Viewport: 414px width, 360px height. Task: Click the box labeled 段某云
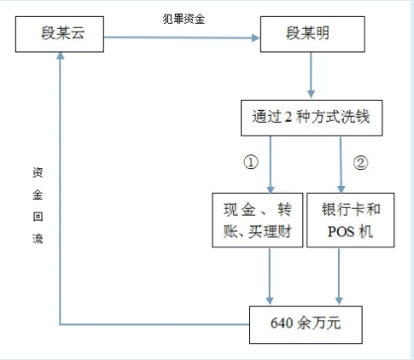60,34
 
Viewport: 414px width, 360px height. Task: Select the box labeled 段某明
312,34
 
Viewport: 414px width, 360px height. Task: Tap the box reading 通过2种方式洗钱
312,118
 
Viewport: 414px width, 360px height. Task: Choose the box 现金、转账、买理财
257,220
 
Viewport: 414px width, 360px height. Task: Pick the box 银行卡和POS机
350,220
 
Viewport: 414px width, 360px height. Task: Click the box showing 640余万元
306,325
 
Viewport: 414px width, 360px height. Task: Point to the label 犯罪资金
184,19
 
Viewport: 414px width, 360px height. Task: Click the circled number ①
251,162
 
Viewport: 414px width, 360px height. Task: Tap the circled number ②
360,163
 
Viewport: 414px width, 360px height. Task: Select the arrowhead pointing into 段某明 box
255,38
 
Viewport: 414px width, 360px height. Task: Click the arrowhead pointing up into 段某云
60,55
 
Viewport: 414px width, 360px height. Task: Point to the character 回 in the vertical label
38,217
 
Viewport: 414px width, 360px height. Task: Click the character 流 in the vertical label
38,239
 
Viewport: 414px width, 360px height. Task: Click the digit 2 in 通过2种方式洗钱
289,117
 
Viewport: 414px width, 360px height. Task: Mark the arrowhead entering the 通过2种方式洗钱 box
311,95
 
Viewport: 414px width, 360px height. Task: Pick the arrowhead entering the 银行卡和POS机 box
341,189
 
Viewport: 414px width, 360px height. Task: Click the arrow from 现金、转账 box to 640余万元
270,276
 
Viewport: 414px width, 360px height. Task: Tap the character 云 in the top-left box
77,33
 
